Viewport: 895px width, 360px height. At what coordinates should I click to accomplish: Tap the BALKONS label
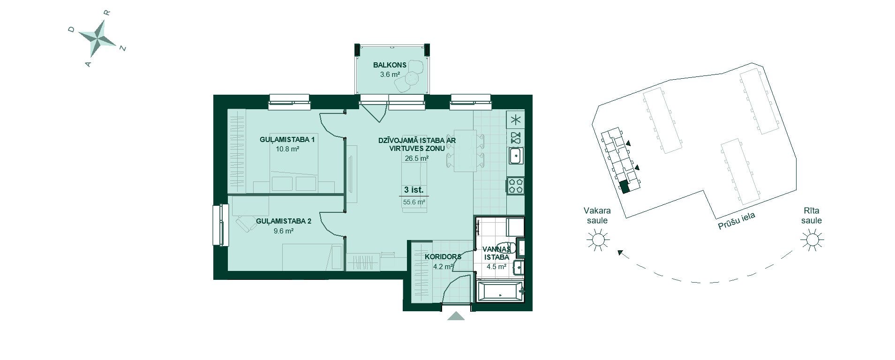point(390,65)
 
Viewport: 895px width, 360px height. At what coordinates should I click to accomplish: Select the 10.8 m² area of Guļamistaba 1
point(287,149)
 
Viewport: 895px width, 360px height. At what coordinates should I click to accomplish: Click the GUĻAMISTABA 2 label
point(284,221)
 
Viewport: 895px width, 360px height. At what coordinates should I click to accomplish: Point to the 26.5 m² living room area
point(417,158)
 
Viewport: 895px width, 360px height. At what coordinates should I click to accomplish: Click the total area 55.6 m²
point(414,202)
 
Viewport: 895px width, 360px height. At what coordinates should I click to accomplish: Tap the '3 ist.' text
point(414,190)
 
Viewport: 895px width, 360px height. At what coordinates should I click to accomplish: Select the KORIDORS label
point(443,257)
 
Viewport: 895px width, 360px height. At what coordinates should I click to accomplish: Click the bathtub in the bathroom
point(500,291)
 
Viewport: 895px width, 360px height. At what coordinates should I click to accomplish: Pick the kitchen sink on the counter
point(516,155)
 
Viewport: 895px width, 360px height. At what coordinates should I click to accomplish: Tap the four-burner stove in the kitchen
point(516,185)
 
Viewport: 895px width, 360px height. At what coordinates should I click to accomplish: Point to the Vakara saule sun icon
point(598,240)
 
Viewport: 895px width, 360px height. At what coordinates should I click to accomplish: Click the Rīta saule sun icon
point(812,240)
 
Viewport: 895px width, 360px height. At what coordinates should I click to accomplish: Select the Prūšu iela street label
point(737,220)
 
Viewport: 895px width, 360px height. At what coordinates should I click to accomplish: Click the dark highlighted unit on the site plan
point(624,187)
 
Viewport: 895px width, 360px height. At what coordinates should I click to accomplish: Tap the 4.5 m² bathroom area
point(496,267)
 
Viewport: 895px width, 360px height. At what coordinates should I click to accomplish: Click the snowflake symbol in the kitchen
point(516,120)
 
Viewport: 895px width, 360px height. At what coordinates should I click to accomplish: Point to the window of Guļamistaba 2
point(218,225)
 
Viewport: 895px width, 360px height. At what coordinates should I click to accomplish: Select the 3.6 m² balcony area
point(390,74)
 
